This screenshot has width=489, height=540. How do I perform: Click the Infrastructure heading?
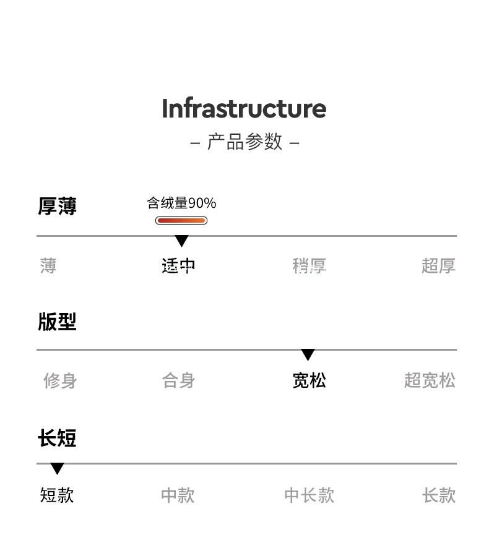pos(244,109)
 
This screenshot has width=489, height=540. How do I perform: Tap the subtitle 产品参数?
pos(244,142)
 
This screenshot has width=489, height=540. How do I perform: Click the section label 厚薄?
pos(57,206)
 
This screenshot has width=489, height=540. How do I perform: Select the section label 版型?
pos(57,322)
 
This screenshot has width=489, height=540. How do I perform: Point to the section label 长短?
pos(57,438)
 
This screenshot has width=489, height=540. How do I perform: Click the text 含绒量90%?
pos(181,203)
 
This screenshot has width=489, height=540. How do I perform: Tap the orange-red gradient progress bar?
pos(181,221)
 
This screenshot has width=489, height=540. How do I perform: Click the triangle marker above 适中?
pos(181,241)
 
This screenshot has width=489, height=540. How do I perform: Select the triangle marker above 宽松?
pos(308,355)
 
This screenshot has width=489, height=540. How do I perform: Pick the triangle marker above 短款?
pos(57,469)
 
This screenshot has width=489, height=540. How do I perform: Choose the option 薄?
pos(48,266)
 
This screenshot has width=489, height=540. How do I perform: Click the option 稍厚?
pos(309,266)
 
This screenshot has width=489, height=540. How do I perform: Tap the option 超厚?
pos(438,266)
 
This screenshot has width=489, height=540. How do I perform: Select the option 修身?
pos(60,380)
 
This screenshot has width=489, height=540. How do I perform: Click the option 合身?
pos(179,380)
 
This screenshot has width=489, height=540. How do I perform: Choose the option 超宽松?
pos(430,380)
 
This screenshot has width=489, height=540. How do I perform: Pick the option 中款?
pos(178,495)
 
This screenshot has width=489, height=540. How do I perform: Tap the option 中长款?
pos(309,495)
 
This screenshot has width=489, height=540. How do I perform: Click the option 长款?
pos(439,495)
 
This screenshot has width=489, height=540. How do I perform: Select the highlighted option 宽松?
pos(309,380)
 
